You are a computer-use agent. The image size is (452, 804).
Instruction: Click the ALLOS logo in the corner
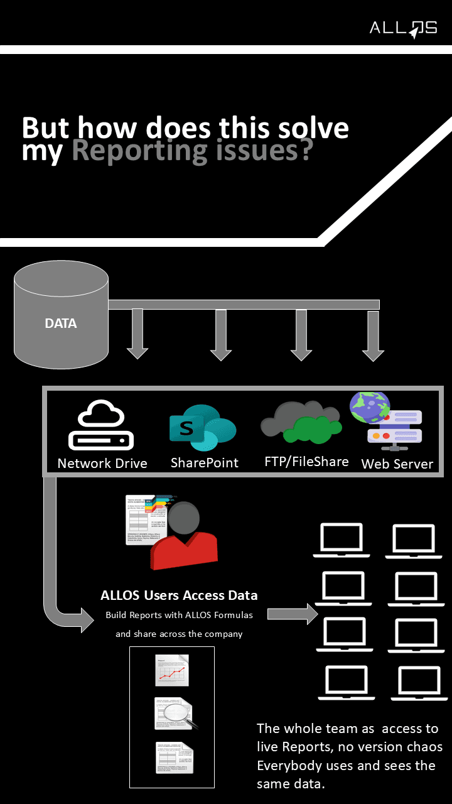403,29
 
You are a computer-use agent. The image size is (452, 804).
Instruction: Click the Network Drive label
102,464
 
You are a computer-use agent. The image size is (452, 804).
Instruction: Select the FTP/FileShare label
306,462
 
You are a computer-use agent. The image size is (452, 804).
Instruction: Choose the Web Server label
397,464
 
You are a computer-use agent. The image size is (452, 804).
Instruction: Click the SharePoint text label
205,463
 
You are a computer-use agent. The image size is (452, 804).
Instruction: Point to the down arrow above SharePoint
221,335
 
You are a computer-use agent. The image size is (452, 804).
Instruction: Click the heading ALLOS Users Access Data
179,595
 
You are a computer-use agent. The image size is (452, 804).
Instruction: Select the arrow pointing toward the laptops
293,614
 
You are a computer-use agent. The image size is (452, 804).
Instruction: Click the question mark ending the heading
304,151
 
